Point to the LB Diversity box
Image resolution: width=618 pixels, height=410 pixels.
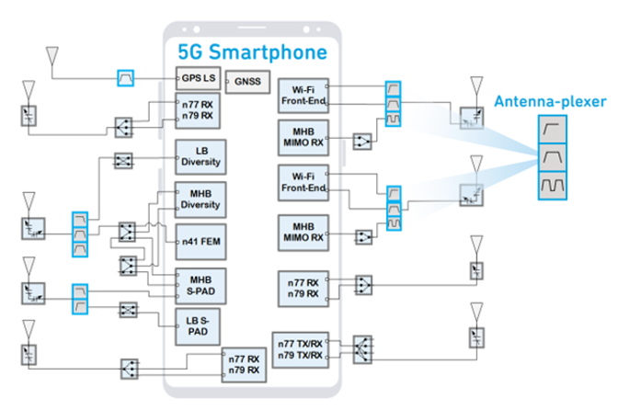pyautogui.click(x=201, y=156)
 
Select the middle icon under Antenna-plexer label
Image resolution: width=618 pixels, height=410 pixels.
pyautogui.click(x=552, y=158)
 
